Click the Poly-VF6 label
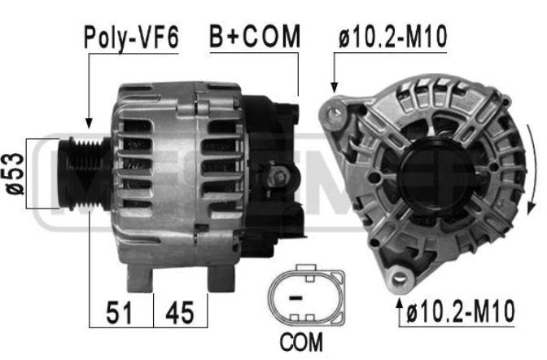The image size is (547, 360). click(x=131, y=37)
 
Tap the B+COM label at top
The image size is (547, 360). click(x=254, y=36)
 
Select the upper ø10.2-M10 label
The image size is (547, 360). click(x=393, y=37)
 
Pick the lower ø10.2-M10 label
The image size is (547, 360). click(x=460, y=310)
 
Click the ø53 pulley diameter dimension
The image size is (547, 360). click(x=15, y=173)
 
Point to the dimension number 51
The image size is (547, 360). click(x=120, y=313)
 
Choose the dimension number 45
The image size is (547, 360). click(x=180, y=313)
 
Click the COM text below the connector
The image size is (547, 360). click(x=301, y=342)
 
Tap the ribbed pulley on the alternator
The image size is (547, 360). click(x=85, y=173)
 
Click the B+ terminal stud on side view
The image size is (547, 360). click(x=278, y=178)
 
